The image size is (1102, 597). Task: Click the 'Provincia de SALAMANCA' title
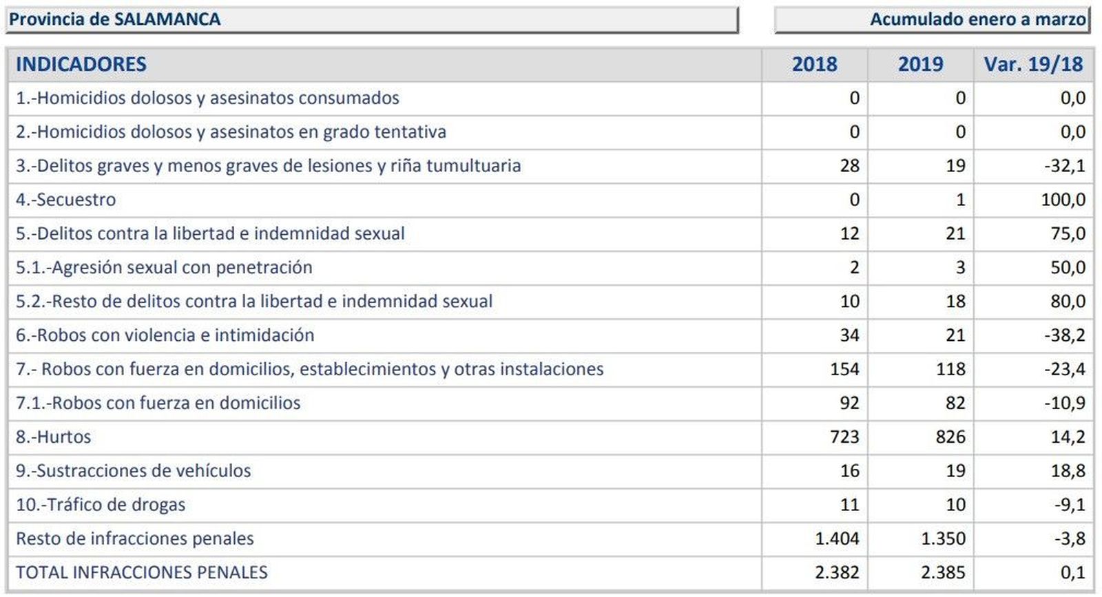click(115, 19)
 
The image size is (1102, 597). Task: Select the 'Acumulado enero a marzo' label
click(977, 19)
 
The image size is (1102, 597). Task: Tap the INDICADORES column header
click(81, 64)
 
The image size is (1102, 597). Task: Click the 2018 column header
click(814, 64)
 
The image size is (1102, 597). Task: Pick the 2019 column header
click(920, 64)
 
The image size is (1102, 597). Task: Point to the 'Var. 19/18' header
click(1033, 64)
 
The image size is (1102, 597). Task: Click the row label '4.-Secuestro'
click(66, 200)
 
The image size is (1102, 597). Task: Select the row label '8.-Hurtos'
click(54, 437)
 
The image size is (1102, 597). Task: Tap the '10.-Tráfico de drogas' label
click(101, 505)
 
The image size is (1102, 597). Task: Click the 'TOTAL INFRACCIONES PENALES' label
click(142, 572)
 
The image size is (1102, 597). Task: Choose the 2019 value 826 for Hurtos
click(950, 437)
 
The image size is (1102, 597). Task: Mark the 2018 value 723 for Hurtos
click(844, 437)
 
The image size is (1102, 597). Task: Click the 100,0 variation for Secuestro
click(1063, 200)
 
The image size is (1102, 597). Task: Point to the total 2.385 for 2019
click(943, 572)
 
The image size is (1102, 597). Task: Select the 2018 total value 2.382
click(837, 572)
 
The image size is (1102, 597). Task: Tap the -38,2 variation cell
click(1064, 335)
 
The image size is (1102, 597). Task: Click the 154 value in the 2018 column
click(844, 369)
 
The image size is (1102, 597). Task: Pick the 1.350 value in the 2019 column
click(943, 538)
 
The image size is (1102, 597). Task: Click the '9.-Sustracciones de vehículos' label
click(134, 471)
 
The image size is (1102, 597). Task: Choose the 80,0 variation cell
click(1068, 302)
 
